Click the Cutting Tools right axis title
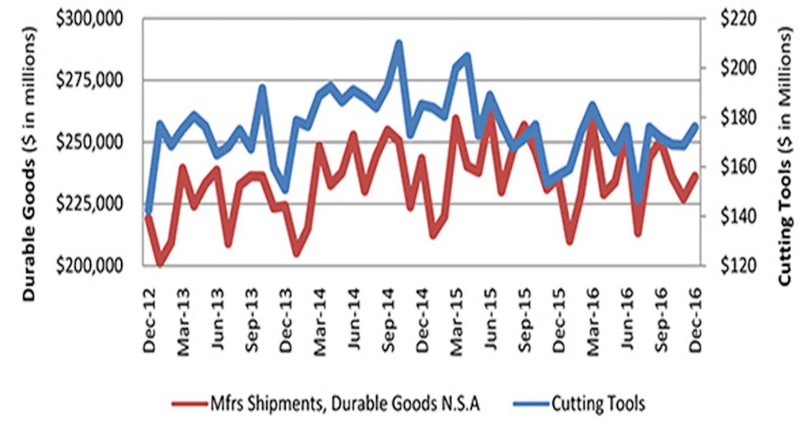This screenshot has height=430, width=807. coord(787,157)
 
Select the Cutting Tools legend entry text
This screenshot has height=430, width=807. coord(598,404)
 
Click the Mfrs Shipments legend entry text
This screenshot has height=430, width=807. coord(345,404)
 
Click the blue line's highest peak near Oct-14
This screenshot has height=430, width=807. coord(398,43)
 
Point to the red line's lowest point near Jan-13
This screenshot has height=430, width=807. coord(159,263)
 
